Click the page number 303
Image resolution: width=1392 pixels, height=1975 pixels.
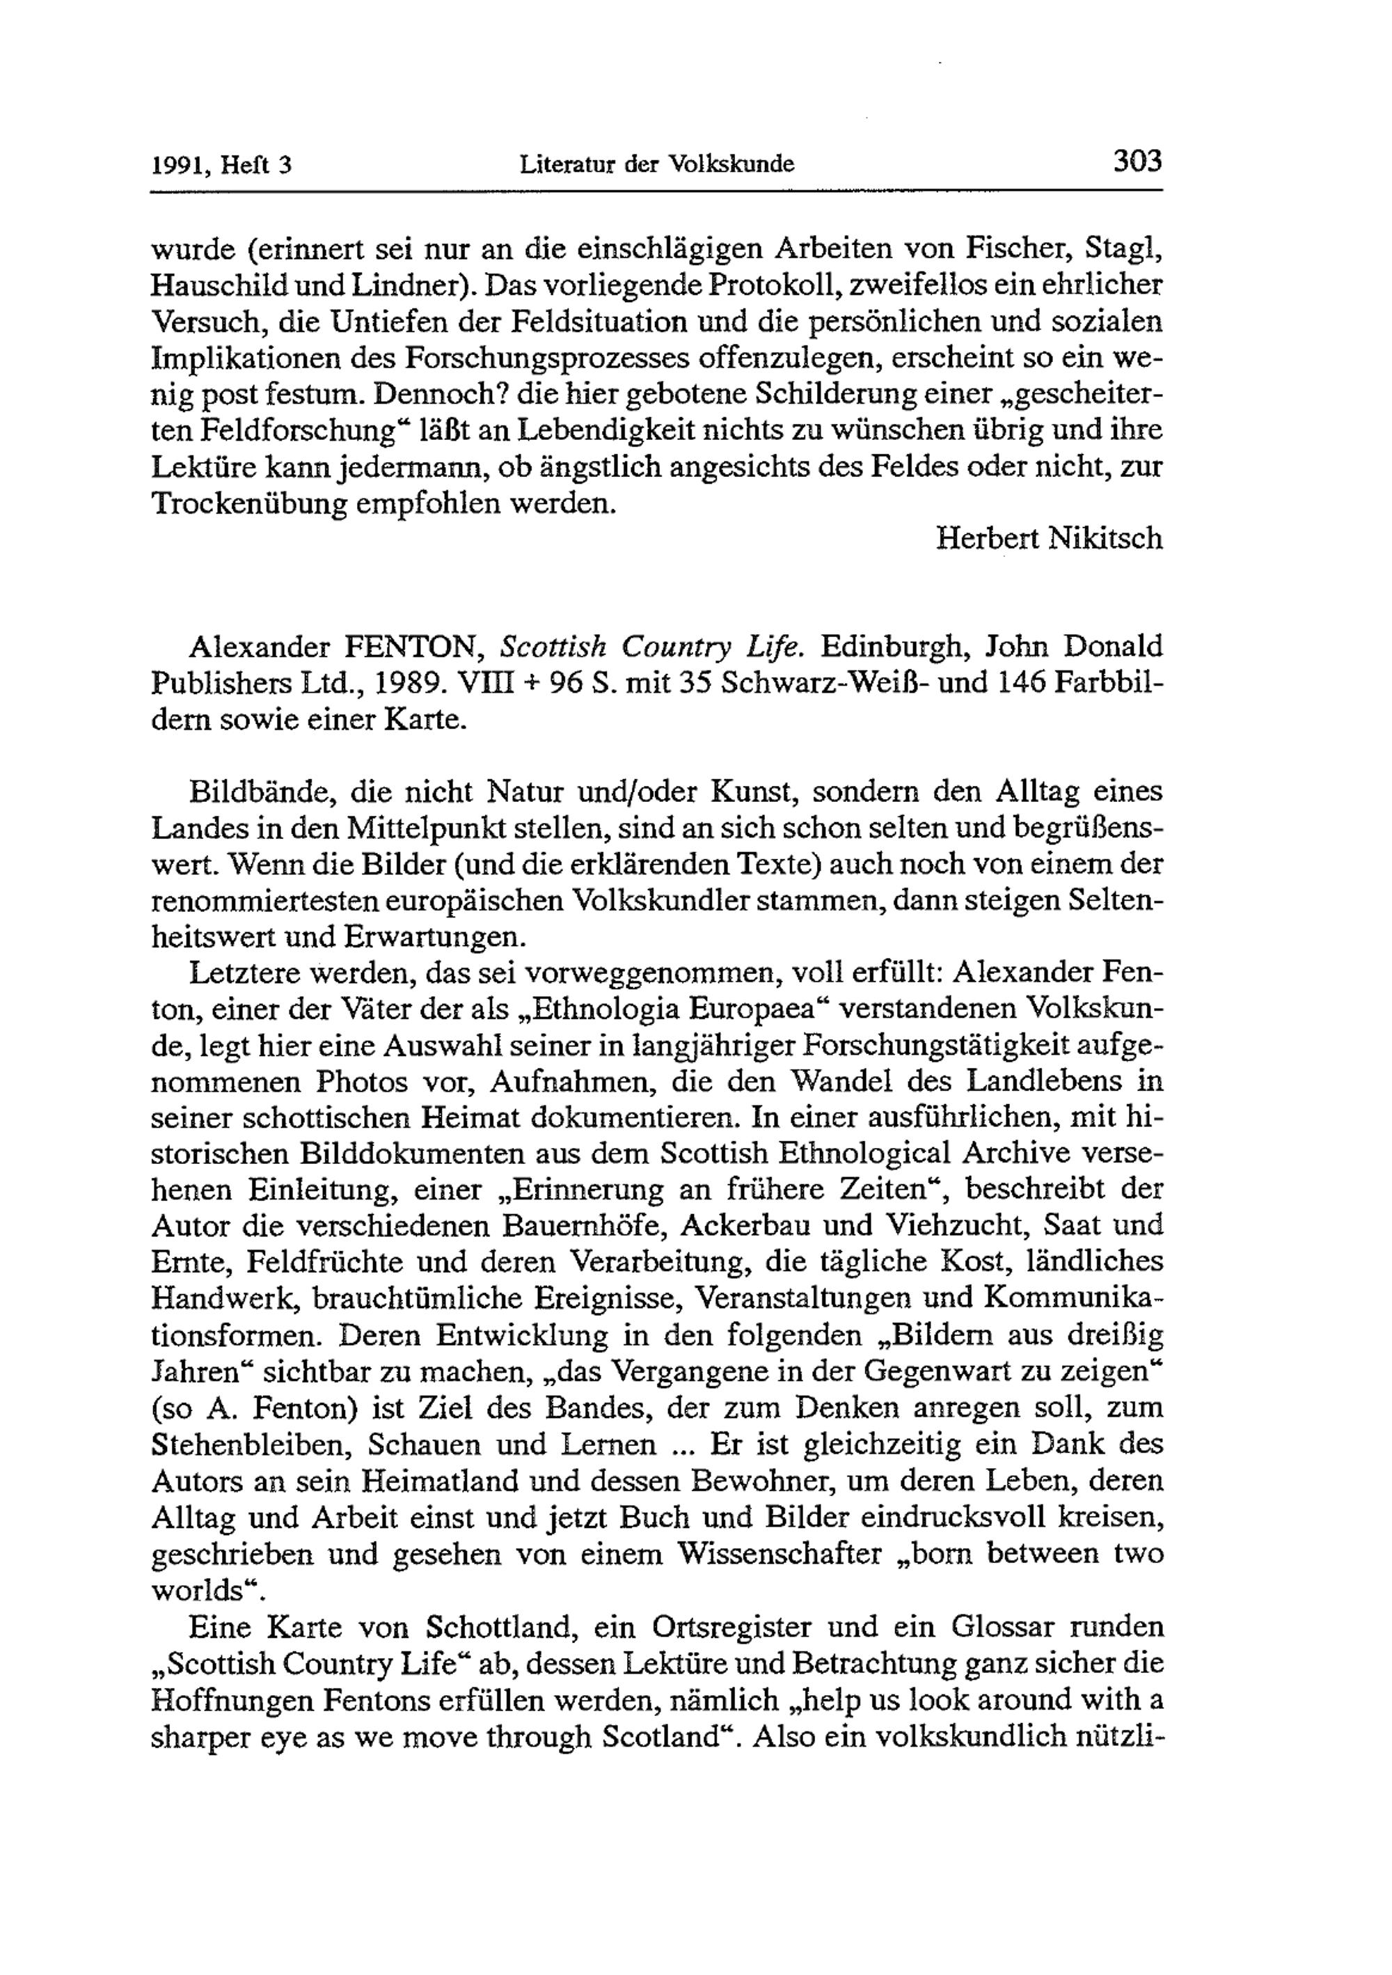(1137, 161)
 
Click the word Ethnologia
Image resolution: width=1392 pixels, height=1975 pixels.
(592, 1008)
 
